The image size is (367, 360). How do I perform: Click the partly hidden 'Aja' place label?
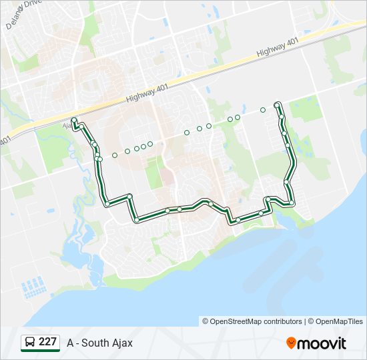point(66,125)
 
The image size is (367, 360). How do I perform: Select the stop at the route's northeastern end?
point(277,104)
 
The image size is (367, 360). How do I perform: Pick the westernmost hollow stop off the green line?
point(115,155)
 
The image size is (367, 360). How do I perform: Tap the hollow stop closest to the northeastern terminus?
point(263,110)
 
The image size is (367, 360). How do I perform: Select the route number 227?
point(48,342)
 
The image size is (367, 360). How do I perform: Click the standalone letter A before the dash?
point(71,343)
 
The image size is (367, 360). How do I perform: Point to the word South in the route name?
point(97,343)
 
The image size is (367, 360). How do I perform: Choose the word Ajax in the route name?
point(123,343)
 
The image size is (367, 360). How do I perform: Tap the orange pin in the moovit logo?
point(291,343)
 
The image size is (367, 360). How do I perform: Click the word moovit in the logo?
point(322,343)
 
